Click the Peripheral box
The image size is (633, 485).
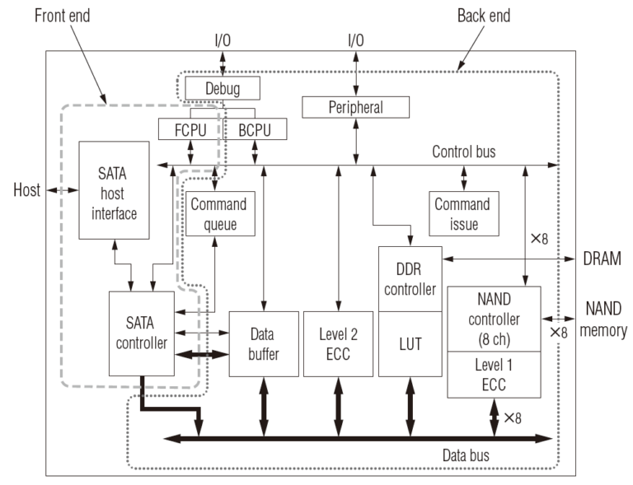(x=355, y=106)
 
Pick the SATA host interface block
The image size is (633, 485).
(x=114, y=190)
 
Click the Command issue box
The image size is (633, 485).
(x=462, y=213)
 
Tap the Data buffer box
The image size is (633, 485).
(x=261, y=343)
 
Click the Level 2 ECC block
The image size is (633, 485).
(x=336, y=343)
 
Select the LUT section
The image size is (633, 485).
(x=410, y=344)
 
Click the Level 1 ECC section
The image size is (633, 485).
(x=493, y=372)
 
